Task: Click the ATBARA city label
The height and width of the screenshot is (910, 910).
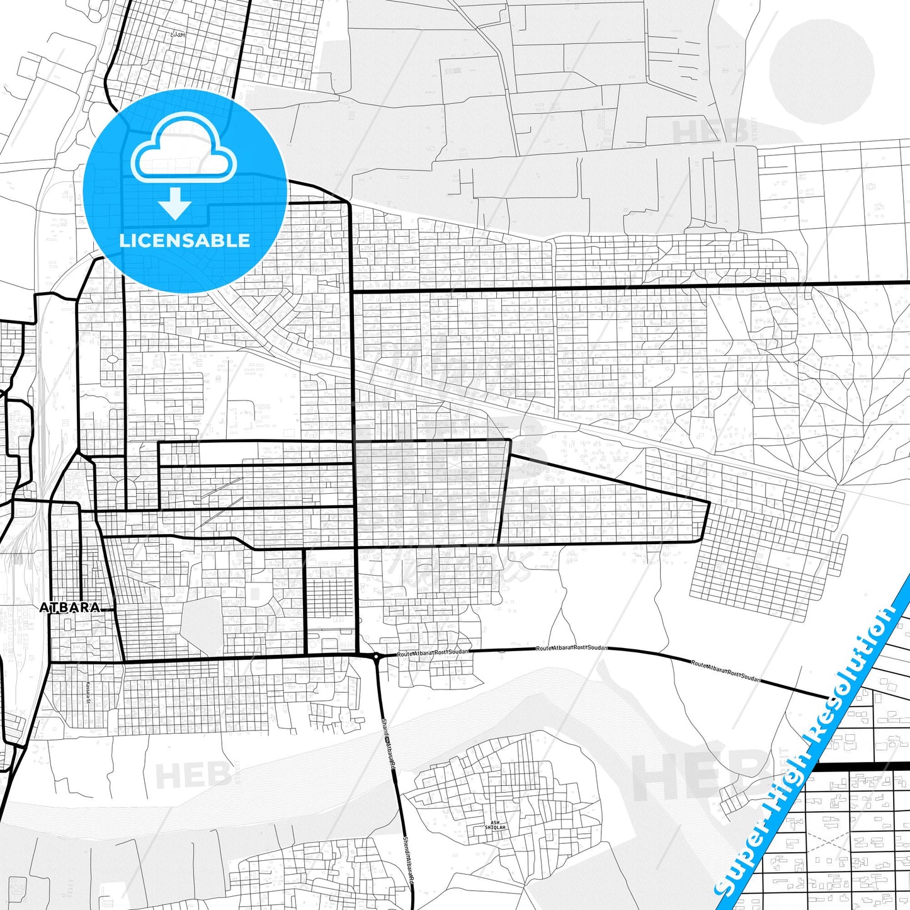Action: (x=69, y=608)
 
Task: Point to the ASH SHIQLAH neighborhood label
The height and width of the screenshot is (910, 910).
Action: (x=498, y=825)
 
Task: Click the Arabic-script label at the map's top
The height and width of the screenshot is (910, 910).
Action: (x=178, y=34)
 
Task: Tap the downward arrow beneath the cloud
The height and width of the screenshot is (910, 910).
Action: (x=175, y=203)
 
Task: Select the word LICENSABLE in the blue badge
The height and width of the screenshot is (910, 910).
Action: (x=185, y=241)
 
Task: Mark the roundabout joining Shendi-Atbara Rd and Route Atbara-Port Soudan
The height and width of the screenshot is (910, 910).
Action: (x=377, y=657)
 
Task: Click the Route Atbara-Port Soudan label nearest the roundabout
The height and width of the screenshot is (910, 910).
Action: (x=433, y=653)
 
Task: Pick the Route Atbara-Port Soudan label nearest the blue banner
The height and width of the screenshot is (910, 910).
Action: (x=725, y=672)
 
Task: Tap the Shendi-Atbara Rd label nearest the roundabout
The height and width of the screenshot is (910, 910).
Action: (x=389, y=744)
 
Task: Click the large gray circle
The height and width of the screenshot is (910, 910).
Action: (x=822, y=71)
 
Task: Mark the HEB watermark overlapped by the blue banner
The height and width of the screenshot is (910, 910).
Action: (x=699, y=776)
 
